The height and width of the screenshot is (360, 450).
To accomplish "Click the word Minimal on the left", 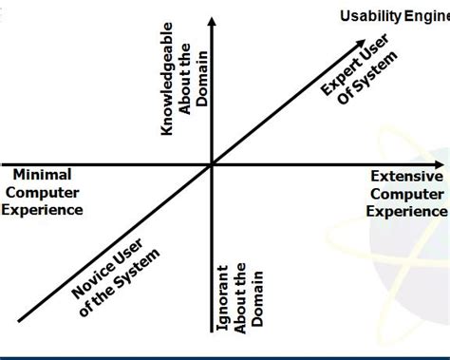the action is click(x=42, y=175).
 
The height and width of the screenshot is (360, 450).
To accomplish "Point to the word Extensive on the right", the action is click(x=406, y=177).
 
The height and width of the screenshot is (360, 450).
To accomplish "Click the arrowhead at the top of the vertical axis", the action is click(x=213, y=22).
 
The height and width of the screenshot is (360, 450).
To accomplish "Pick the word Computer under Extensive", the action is click(x=406, y=194).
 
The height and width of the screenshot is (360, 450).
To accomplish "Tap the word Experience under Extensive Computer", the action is click(x=406, y=211).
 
